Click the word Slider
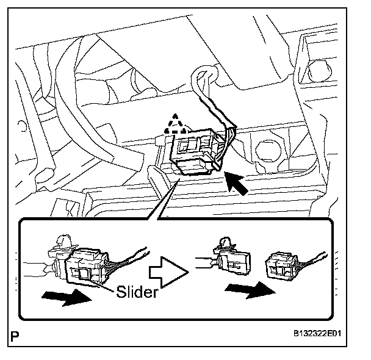point(136,292)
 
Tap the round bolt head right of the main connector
point(267,148)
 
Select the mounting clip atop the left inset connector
point(63,242)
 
